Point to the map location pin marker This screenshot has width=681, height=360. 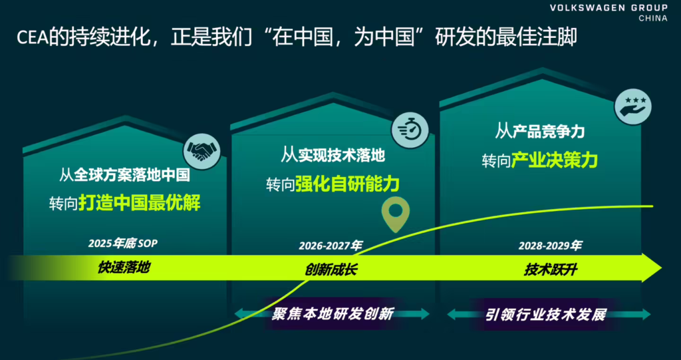tap(395, 213)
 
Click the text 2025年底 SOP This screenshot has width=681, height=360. tap(123, 244)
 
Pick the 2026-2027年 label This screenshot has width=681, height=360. tap(330, 246)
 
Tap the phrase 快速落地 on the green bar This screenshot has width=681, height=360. tap(124, 268)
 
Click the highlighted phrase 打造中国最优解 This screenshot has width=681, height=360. tap(139, 202)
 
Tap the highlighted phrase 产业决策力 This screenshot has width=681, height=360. tap(555, 160)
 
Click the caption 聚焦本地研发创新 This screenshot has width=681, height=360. tap(333, 313)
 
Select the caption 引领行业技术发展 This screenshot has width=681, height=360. tap(545, 314)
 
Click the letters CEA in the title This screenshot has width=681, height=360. tap(32, 37)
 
